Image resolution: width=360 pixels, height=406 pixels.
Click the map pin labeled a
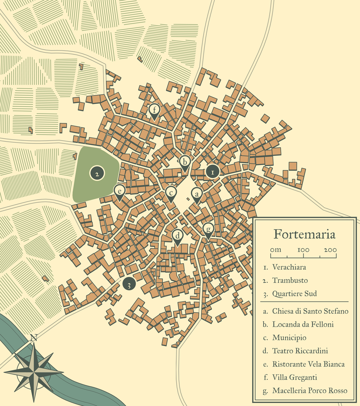[197, 195]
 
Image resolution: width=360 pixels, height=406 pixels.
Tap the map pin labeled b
[184, 162]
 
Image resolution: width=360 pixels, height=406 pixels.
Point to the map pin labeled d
[178, 236]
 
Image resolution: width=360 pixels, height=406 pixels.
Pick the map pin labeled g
[208, 229]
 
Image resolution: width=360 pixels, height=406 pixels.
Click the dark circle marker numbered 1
[212, 172]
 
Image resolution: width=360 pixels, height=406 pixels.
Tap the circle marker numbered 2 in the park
[97, 173]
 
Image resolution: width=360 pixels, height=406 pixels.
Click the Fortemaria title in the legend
[304, 235]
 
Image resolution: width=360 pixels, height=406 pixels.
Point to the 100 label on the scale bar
[303, 250]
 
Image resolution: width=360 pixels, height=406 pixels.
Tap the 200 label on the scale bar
[330, 250]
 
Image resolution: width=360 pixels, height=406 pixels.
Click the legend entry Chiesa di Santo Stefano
[310, 311]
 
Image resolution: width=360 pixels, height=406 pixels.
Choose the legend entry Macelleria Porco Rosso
[310, 391]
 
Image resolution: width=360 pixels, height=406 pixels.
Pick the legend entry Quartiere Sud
[294, 294]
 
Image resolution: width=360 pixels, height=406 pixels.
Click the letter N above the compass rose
[34, 338]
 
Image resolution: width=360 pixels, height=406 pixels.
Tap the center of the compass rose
[34, 372]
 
